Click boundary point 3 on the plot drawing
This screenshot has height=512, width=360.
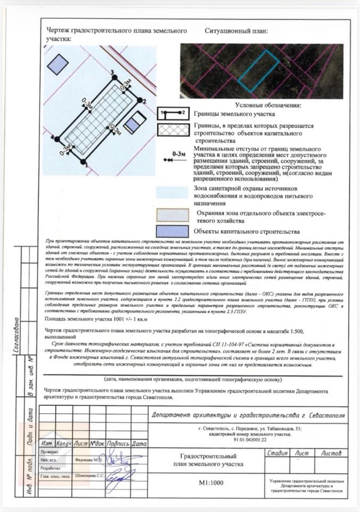pos(113,76)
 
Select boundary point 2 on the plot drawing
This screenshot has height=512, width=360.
pos(140,100)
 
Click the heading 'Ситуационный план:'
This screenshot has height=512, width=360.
pos(236,31)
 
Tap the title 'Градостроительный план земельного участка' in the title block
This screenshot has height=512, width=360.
pos(209,461)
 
